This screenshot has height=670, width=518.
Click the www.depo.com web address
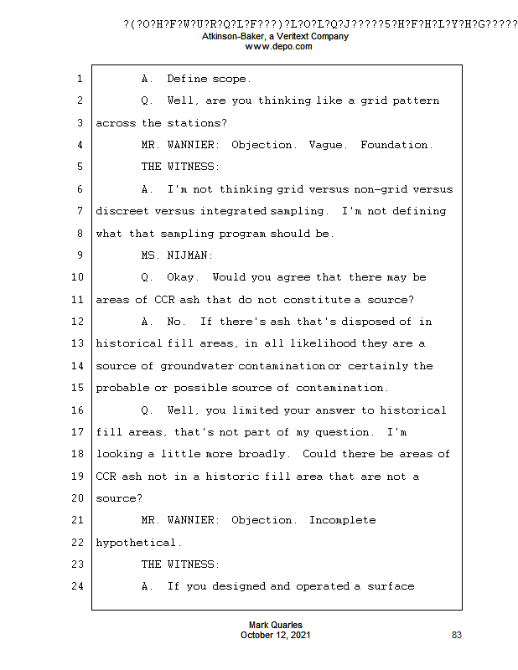pyautogui.click(x=277, y=47)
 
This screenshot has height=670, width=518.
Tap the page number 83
pyautogui.click(x=457, y=636)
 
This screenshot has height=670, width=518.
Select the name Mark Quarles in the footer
pyautogui.click(x=276, y=626)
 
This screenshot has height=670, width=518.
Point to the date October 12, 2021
pyautogui.click(x=276, y=636)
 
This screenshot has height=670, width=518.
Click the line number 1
pyautogui.click(x=79, y=79)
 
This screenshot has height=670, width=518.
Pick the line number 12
pyautogui.click(x=76, y=322)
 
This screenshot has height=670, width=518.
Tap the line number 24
pyautogui.click(x=76, y=586)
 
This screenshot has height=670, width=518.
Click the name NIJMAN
pyautogui.click(x=187, y=255)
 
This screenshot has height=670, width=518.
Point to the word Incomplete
pyautogui.click(x=342, y=520)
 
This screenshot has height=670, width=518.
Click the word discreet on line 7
pyautogui.click(x=122, y=211)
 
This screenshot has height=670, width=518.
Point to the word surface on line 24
pyautogui.click(x=391, y=586)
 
